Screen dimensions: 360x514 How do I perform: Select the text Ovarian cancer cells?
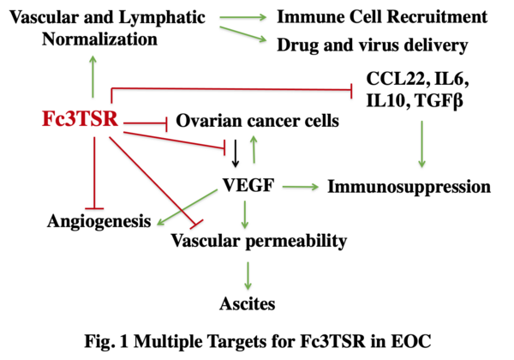click(258, 122)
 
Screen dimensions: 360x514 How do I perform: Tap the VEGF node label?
click(246, 184)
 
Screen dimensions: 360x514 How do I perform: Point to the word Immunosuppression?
click(409, 185)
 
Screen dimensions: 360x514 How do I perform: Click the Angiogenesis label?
click(99, 223)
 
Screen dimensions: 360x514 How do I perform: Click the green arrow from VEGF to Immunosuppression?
click(301, 185)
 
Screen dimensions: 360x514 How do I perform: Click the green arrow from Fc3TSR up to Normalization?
click(93, 75)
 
